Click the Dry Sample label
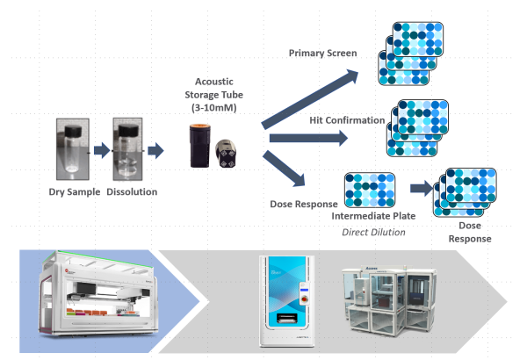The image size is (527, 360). [x=75, y=190]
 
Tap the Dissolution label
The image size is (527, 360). [x=129, y=190]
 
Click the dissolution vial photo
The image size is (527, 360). [x=127, y=150]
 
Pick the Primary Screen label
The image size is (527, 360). [x=323, y=54]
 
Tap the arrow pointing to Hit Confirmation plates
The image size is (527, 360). [x=313, y=138]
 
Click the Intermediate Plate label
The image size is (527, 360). [x=370, y=214]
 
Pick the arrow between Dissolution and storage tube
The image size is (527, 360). [x=157, y=150]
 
